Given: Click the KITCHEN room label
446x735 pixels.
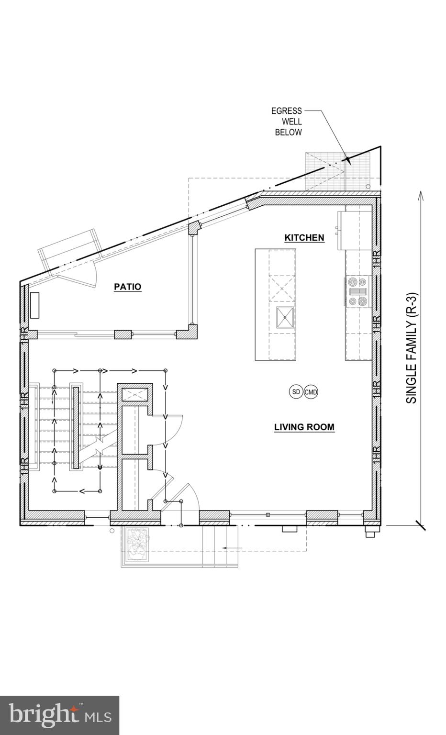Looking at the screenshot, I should [304, 237].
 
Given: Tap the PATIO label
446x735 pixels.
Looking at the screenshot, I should [127, 287].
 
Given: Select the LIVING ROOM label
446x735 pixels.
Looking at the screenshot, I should [304, 427].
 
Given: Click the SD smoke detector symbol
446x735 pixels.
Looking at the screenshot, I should [296, 392].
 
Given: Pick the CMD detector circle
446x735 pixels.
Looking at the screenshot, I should [311, 392].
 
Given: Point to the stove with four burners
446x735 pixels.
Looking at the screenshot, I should [357, 292].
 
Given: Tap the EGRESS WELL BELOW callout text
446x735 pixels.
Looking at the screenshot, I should [287, 122].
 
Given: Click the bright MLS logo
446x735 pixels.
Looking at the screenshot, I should [59, 715].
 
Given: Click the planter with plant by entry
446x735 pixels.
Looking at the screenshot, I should [138, 546].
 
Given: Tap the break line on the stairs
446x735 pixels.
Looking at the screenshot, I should [100, 445].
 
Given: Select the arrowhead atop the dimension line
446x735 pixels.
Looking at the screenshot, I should [421, 195].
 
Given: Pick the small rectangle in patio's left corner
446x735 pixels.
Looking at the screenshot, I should [35, 305].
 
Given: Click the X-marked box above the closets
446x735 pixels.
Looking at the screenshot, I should [135, 394].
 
